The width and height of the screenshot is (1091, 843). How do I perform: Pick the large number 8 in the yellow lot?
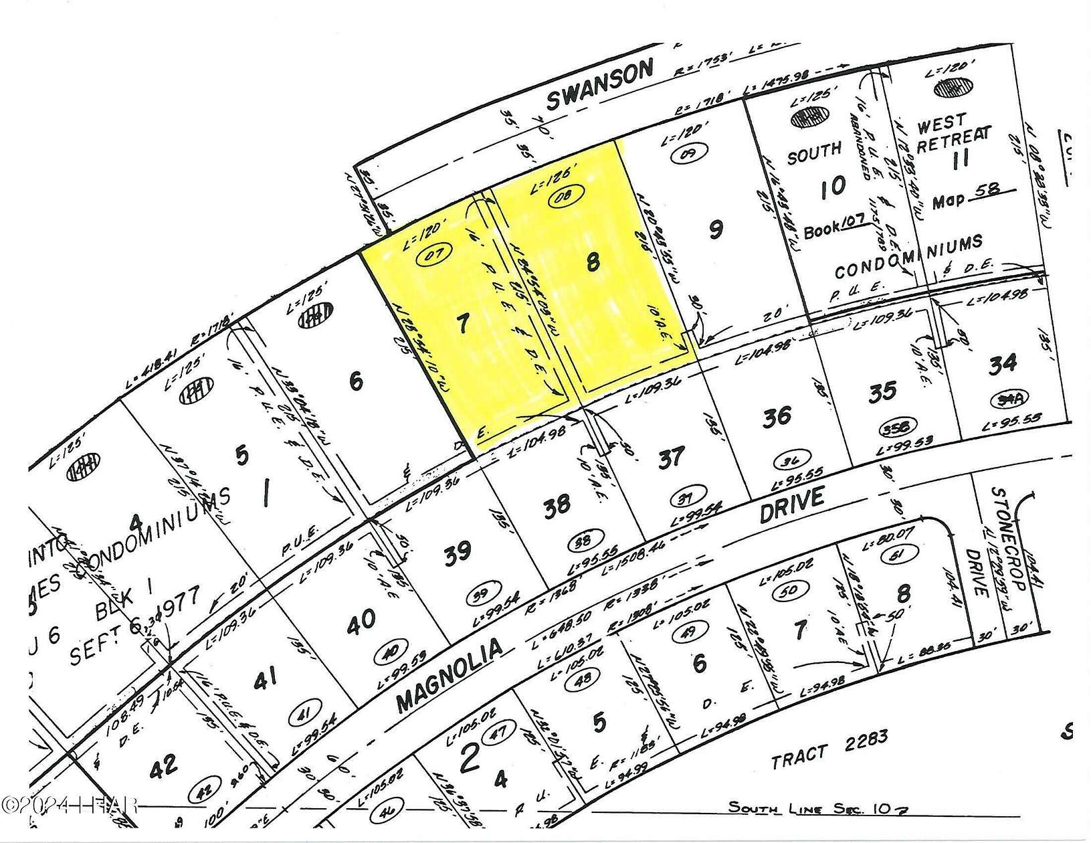[592, 263]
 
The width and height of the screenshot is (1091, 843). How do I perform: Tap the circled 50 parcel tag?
[786, 591]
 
